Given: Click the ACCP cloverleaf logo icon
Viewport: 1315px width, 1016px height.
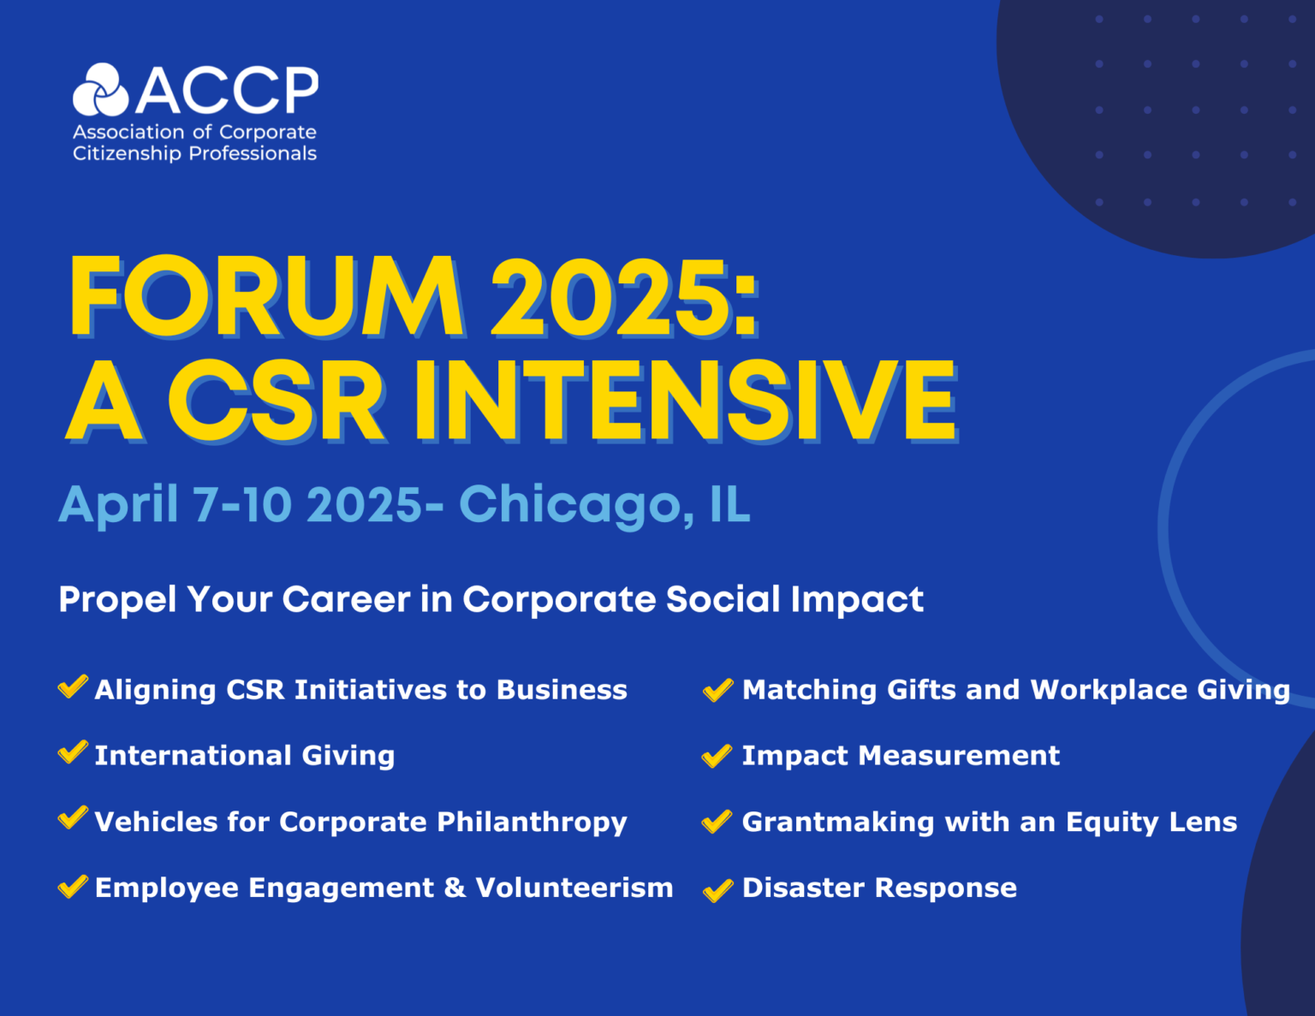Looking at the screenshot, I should click(100, 90).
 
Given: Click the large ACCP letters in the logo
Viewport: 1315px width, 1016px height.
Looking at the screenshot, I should click(227, 91).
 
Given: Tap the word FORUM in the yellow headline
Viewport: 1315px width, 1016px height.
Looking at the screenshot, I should click(266, 297).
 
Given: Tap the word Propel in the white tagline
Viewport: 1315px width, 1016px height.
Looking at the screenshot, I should click(116, 599).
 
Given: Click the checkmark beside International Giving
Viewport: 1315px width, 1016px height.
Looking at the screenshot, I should click(73, 752).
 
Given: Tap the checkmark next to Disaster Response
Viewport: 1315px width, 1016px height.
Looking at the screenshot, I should click(717, 890).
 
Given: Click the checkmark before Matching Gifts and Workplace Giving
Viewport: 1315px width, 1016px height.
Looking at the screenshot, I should click(717, 689).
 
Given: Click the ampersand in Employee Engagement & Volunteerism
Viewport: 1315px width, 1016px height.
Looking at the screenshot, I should click(455, 888).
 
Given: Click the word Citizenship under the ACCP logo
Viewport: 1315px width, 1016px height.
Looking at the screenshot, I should click(127, 153).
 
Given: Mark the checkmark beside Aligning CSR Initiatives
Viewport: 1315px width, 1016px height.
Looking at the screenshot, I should click(73, 686).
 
